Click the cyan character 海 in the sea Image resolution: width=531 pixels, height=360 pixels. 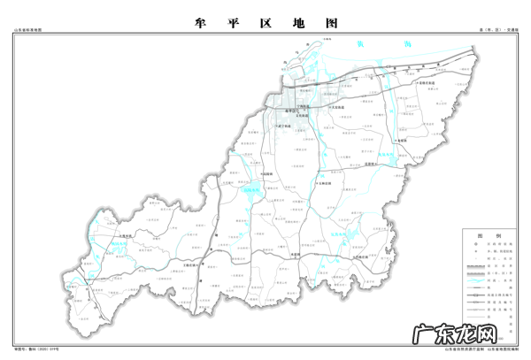[x=407, y=43]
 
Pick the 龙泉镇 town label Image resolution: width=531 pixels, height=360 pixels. [x=401, y=139]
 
